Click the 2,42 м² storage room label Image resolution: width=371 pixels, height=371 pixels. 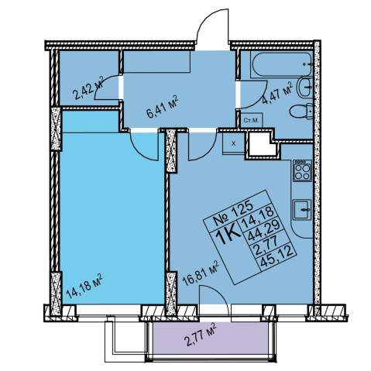coord(88,88)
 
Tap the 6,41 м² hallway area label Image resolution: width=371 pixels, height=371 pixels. coord(162,107)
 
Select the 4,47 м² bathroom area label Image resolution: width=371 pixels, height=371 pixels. coord(277,93)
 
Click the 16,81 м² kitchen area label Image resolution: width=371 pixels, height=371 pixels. coord(201,273)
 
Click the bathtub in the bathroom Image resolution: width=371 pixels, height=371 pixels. coord(282,65)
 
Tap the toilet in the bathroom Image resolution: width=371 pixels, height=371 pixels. coord(301,111)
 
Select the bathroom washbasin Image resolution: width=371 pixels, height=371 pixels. coord(305,87)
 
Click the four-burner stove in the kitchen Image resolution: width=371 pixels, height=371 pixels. coord(302,171)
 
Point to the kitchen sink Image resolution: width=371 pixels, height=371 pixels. coord(302,209)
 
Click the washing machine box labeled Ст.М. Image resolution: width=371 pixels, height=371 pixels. coord(252,120)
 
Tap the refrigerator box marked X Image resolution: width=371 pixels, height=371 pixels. coord(233,143)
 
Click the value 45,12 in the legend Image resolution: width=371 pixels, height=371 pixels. coord(277,254)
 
